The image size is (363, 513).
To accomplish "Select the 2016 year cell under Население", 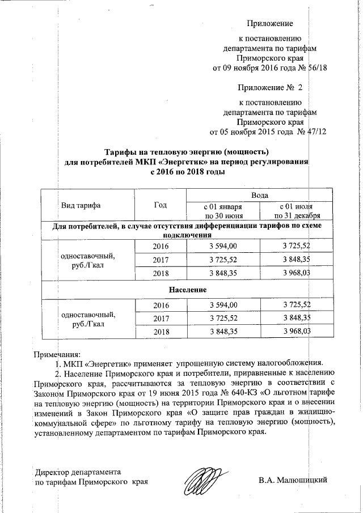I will point(161,304).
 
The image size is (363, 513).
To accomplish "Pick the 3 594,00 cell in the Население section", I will point(223,304).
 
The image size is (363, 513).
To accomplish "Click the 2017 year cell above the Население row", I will point(161,260).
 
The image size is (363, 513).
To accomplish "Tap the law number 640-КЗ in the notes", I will point(231,392).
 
